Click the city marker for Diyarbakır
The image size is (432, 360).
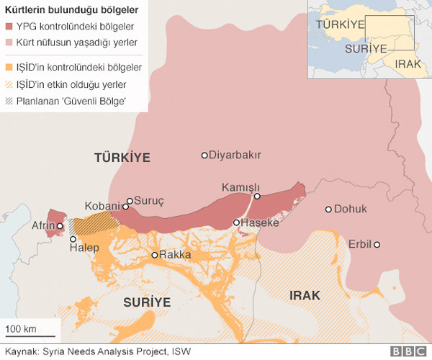coord(204,155)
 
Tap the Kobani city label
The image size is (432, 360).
coord(102,206)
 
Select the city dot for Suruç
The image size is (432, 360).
coord(130,202)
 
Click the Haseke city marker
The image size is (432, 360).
coord(237,223)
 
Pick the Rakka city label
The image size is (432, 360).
coord(175,255)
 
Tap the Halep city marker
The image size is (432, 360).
coord(73,238)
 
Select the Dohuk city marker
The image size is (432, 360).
coord(328,210)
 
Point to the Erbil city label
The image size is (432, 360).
coord(359,244)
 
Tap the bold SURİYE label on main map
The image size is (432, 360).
coord(146,301)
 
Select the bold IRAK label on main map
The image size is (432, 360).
coord(305,295)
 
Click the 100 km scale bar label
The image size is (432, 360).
coord(21,329)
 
